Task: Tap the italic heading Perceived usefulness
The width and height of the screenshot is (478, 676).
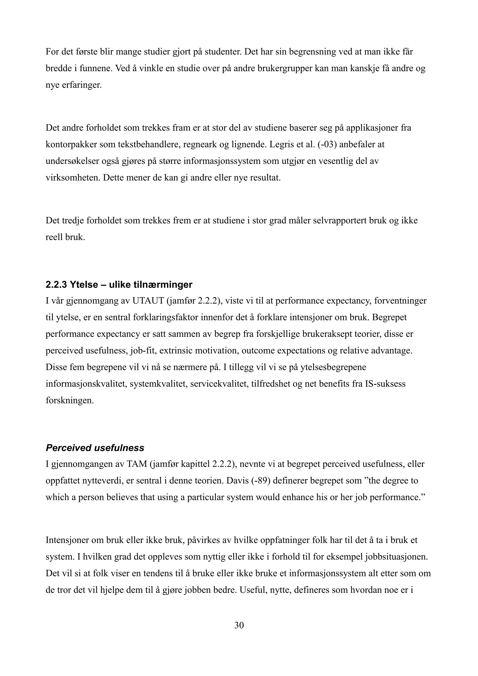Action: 95,448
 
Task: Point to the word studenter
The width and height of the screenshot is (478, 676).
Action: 223,52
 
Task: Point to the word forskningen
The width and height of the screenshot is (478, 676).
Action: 70,401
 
